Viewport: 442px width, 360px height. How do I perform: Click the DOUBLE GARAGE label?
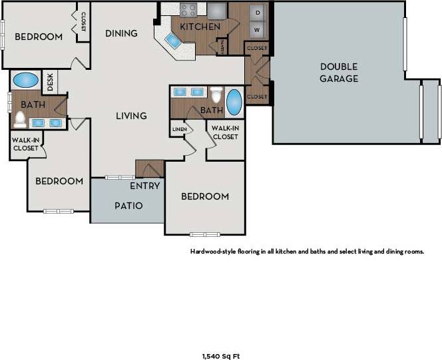pos(339,73)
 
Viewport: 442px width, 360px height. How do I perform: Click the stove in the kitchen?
pos(188,10)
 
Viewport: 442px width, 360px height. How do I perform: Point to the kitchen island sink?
pos(174,42)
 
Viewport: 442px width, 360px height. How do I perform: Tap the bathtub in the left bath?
pos(25,80)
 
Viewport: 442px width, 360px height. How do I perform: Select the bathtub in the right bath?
pos(235,102)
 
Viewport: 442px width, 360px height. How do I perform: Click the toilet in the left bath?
pos(20,119)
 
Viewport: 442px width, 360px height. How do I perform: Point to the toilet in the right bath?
pos(216,93)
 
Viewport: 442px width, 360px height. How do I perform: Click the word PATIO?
pos(128,206)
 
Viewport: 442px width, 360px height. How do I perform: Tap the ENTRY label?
pos(144,186)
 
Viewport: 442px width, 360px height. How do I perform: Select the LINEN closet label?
pos(178,128)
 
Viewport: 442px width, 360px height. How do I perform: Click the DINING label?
pos(122,33)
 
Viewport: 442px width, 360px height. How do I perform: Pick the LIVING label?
pos(131,116)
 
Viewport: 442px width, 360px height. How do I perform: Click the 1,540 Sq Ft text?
pos(220,356)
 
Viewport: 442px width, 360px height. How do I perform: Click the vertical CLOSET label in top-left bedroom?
pos(83,21)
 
